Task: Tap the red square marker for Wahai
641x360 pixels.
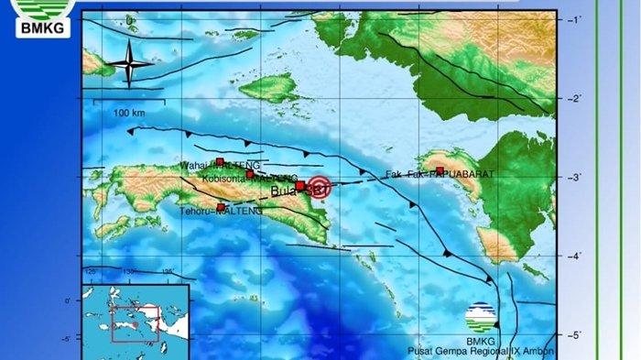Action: pos(220,162)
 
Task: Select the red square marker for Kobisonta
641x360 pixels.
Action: pos(250,174)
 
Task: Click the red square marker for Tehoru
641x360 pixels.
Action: pos(221,208)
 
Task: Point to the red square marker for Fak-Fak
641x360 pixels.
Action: pos(440,171)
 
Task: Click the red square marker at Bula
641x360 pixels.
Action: pos(299,186)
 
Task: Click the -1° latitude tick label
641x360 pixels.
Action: pos(574,19)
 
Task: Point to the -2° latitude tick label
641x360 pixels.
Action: pos(574,98)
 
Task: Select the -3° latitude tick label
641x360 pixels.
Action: pos(574,177)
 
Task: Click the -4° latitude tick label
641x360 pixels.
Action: pos(574,256)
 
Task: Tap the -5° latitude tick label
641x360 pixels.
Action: pos(574,335)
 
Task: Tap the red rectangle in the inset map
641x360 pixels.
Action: pos(135,322)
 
